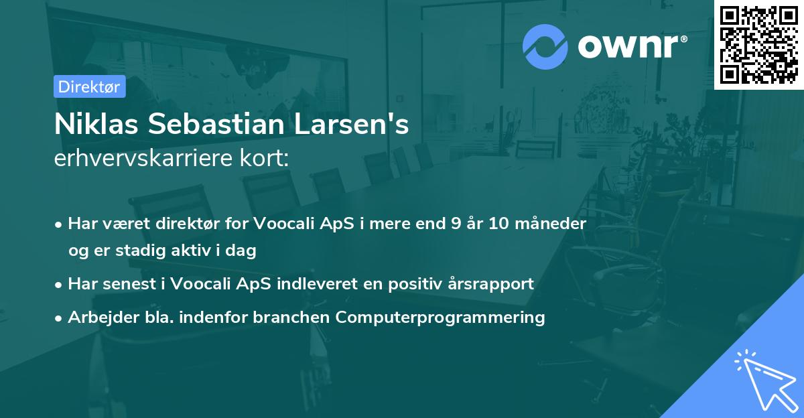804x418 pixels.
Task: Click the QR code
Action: (x=758, y=44)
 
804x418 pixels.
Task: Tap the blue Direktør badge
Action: (x=89, y=86)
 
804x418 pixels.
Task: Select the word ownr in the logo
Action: (x=629, y=46)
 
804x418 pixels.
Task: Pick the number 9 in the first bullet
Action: (x=458, y=223)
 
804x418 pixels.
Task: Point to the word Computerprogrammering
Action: (x=440, y=318)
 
